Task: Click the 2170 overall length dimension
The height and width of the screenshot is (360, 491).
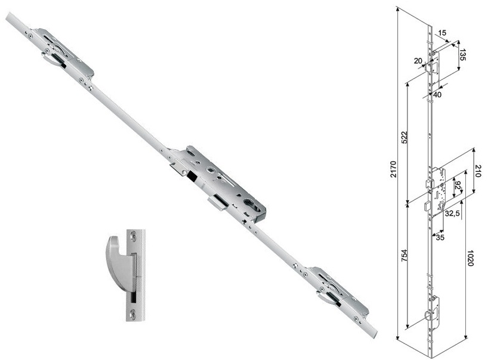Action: click(x=394, y=170)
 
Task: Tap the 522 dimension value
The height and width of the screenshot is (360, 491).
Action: click(x=404, y=137)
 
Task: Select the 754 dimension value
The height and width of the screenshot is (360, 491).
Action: click(x=404, y=256)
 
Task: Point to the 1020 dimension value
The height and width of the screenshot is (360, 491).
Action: click(x=470, y=258)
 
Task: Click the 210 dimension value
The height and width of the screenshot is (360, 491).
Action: click(x=477, y=171)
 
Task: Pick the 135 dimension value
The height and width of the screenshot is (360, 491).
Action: click(x=463, y=54)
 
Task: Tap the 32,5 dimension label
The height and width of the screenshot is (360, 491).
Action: click(x=452, y=213)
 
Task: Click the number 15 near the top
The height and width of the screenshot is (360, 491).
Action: click(x=442, y=33)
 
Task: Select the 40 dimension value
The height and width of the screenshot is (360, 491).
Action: click(x=437, y=94)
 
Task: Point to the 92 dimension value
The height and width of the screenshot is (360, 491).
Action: click(x=458, y=186)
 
